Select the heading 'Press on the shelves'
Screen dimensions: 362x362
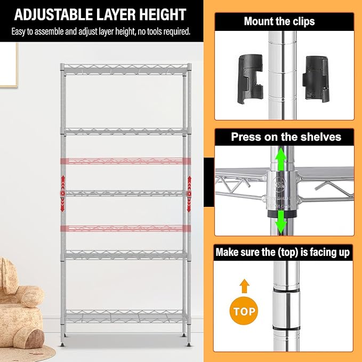pyautogui.click(x=286, y=137)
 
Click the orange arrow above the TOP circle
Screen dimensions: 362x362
pyautogui.click(x=244, y=286)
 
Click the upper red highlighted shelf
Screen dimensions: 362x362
pyautogui.click(x=126, y=160)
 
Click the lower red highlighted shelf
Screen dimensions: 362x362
pyautogui.click(x=126, y=228)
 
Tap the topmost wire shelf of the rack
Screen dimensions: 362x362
pyautogui.click(x=126, y=68)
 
